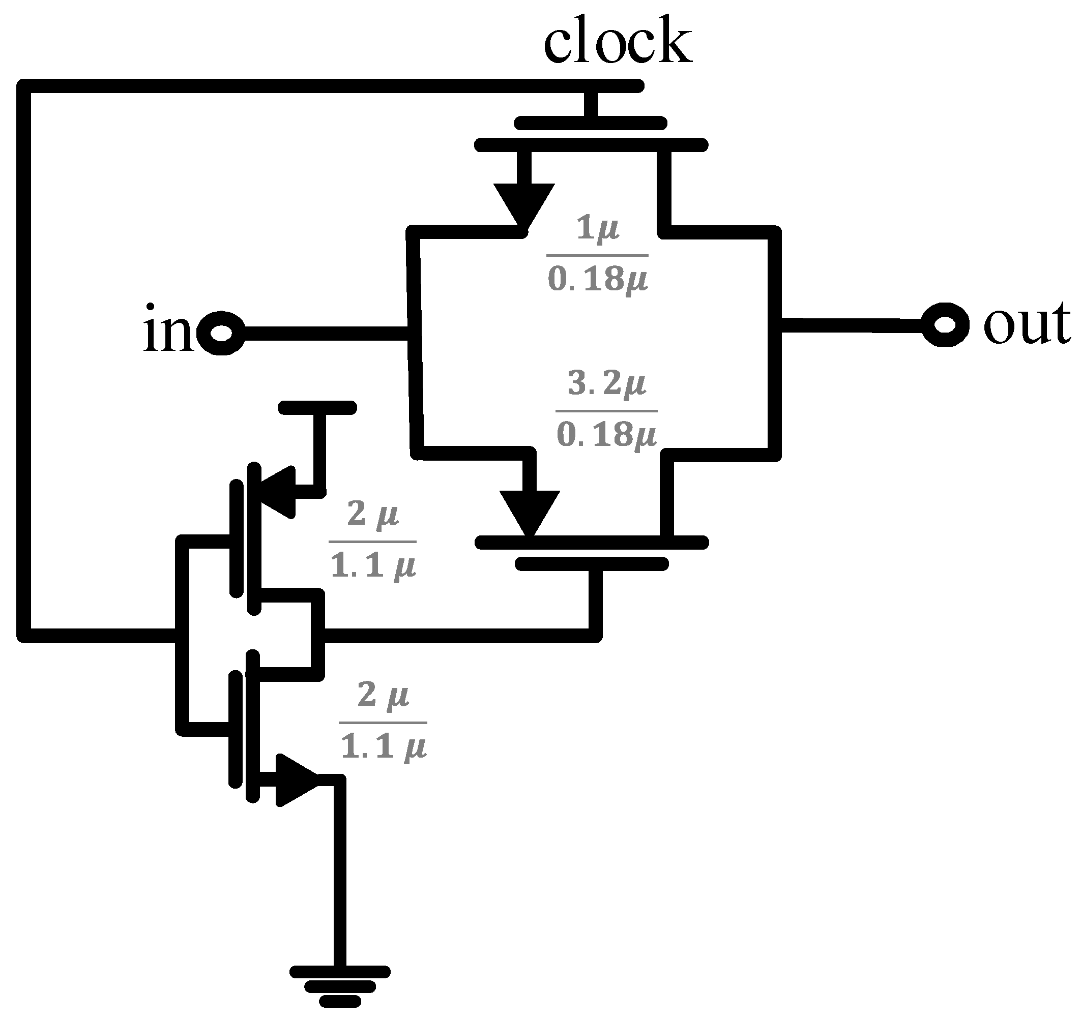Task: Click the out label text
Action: pyautogui.click(x=1026, y=324)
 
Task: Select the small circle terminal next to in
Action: pyautogui.click(x=221, y=333)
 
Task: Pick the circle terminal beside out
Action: pyautogui.click(x=946, y=324)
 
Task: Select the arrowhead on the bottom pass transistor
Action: pyautogui.click(x=530, y=512)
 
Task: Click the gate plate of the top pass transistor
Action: pyautogui.click(x=591, y=123)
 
